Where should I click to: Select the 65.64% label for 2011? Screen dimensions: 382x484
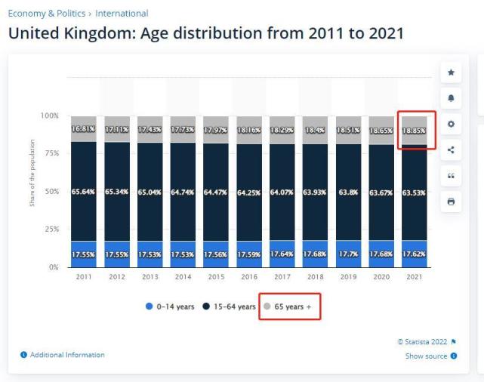83,192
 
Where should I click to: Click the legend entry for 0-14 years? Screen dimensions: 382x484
171,307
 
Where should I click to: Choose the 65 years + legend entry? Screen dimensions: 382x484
289,307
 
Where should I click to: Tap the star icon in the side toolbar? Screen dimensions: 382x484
451,72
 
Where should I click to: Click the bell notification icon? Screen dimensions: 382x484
451,98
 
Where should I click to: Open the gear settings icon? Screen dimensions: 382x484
451,124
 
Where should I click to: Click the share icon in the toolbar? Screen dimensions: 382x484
451,149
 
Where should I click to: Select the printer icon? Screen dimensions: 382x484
451,202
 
